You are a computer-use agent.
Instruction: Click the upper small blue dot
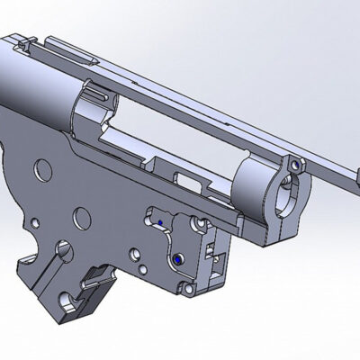point(159,219)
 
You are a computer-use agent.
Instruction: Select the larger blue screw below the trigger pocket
point(177,256)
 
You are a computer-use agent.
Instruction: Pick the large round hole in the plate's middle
point(81,216)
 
